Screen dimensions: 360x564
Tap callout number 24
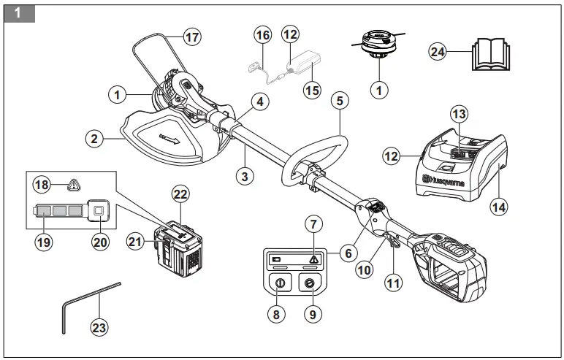pyautogui.click(x=437, y=52)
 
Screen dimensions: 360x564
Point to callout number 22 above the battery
pyautogui.click(x=181, y=194)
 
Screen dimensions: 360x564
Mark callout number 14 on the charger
pyautogui.click(x=499, y=207)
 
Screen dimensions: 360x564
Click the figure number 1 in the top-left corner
pyautogui.click(x=18, y=12)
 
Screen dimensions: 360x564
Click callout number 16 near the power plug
pyautogui.click(x=262, y=34)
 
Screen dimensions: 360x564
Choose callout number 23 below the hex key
pyautogui.click(x=99, y=328)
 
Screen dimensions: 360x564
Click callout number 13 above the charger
pyautogui.click(x=460, y=115)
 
